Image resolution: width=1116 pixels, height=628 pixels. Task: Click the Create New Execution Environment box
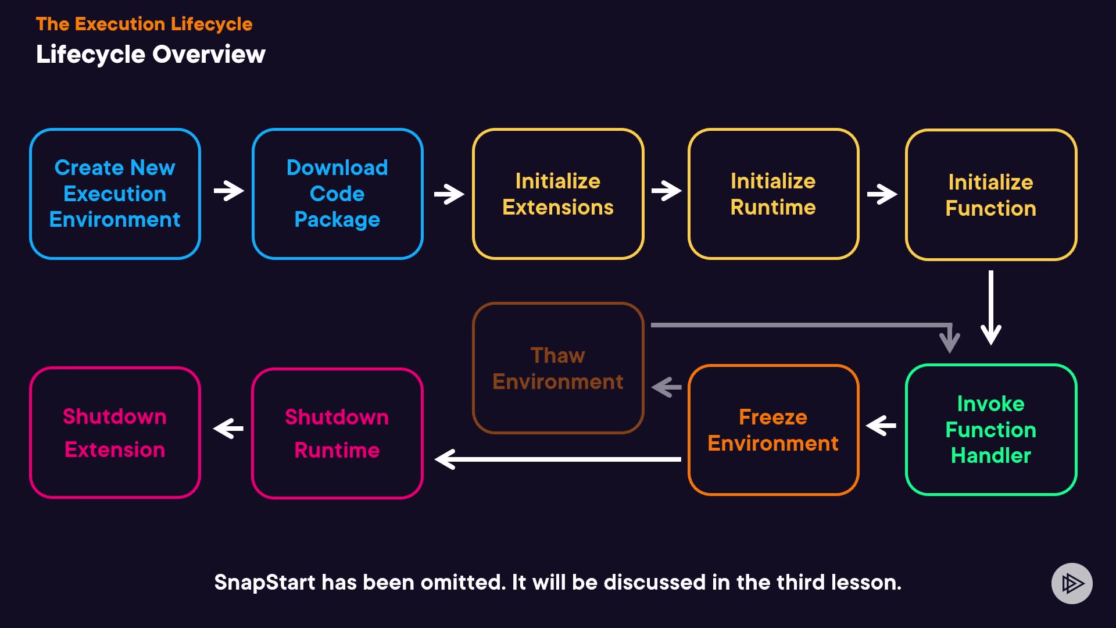[115, 194]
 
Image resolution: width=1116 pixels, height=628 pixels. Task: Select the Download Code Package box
[337, 194]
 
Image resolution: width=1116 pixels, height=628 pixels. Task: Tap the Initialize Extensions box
[558, 194]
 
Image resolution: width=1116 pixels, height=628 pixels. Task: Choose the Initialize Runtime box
[773, 194]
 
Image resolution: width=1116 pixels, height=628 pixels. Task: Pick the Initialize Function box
[991, 195]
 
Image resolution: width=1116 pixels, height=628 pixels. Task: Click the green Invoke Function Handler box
[991, 430]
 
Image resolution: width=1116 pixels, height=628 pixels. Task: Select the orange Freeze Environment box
[773, 430]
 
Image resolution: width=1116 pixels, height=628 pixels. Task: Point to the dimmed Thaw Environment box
[558, 367]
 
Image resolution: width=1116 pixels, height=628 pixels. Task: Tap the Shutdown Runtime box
[337, 433]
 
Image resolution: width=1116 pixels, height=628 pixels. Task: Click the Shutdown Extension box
[115, 433]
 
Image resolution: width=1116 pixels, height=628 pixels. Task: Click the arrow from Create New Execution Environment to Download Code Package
[228, 191]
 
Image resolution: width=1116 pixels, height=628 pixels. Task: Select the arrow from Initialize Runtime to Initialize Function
[882, 194]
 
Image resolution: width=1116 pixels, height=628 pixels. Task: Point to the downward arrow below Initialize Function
[991, 308]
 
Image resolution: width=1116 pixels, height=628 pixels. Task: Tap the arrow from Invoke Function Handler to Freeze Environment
[881, 426]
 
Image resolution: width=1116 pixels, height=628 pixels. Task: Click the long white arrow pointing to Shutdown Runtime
[558, 459]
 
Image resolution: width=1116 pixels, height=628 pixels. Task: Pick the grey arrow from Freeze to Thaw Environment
[666, 387]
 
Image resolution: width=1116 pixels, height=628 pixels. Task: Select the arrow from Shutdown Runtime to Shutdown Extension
[228, 429]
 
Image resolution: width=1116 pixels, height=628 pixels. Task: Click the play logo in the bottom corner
[1072, 583]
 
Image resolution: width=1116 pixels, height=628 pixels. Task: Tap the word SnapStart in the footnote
[264, 583]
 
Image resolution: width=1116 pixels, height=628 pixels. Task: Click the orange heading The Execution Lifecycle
[144, 24]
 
